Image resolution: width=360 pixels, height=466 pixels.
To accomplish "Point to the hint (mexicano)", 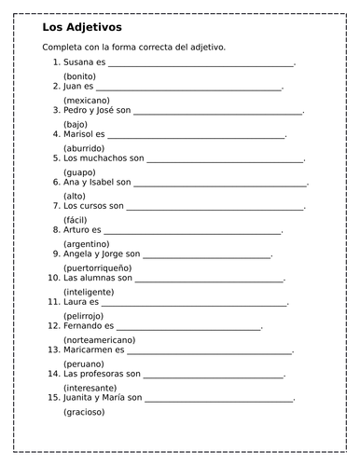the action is (x=86, y=100).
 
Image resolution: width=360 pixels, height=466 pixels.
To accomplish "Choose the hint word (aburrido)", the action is (x=84, y=148).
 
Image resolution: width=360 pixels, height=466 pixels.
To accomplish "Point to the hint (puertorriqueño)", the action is (x=97, y=267).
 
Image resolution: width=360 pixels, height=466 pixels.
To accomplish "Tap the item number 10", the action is (x=52, y=278).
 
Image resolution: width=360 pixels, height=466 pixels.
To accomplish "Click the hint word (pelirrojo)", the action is (x=84, y=315).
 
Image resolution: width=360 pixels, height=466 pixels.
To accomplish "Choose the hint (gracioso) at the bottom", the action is (x=84, y=411).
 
